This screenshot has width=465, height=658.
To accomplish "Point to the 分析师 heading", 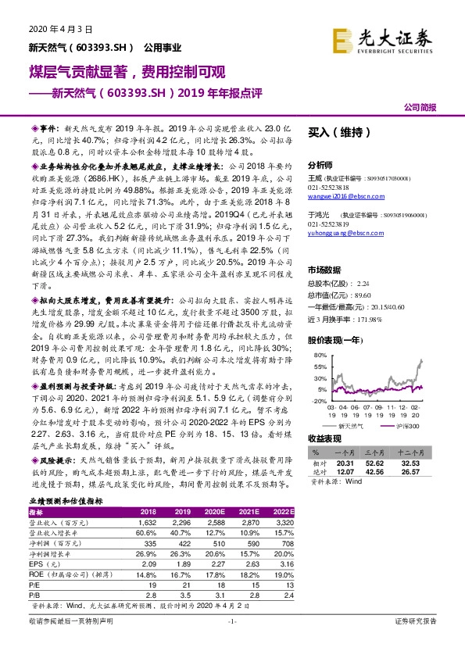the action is (320, 165).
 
